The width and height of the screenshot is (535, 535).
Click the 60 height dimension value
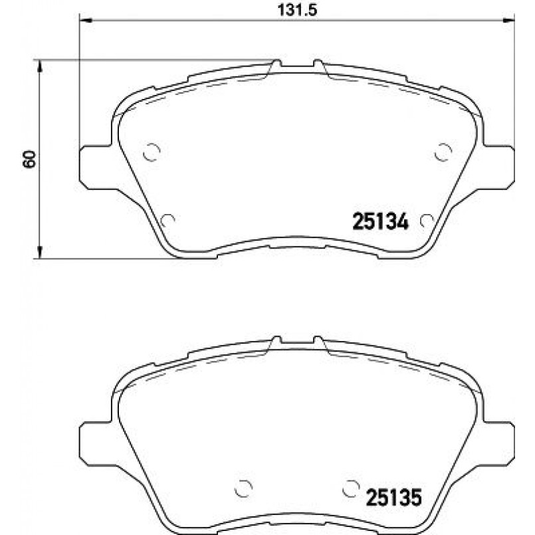coord(29,159)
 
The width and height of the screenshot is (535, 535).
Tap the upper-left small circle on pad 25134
coord(152,153)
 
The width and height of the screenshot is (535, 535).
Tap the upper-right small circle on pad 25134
coord(442,152)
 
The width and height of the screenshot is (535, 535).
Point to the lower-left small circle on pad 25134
coord(168,219)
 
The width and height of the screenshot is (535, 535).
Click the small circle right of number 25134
coord(427,220)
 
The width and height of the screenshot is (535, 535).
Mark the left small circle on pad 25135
coord(245,488)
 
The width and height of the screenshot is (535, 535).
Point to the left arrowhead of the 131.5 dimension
coord(85,21)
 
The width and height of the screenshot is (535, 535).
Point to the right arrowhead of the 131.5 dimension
coord(510,21)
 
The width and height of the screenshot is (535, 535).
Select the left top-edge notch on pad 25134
coord(276,65)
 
